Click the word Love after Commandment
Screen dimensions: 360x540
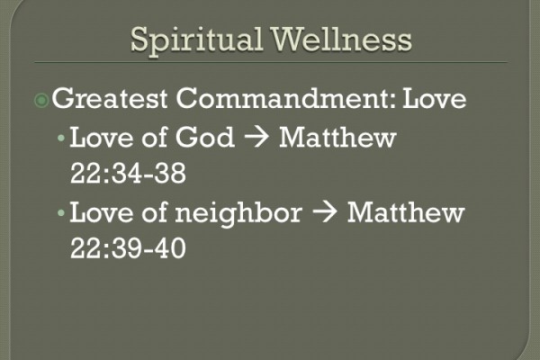[434, 99]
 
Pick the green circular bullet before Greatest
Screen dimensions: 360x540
[43, 100]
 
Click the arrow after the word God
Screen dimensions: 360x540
[256, 139]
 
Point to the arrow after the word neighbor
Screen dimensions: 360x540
[325, 215]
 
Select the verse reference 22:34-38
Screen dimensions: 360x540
[128, 173]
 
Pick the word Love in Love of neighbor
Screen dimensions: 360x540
[97, 214]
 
